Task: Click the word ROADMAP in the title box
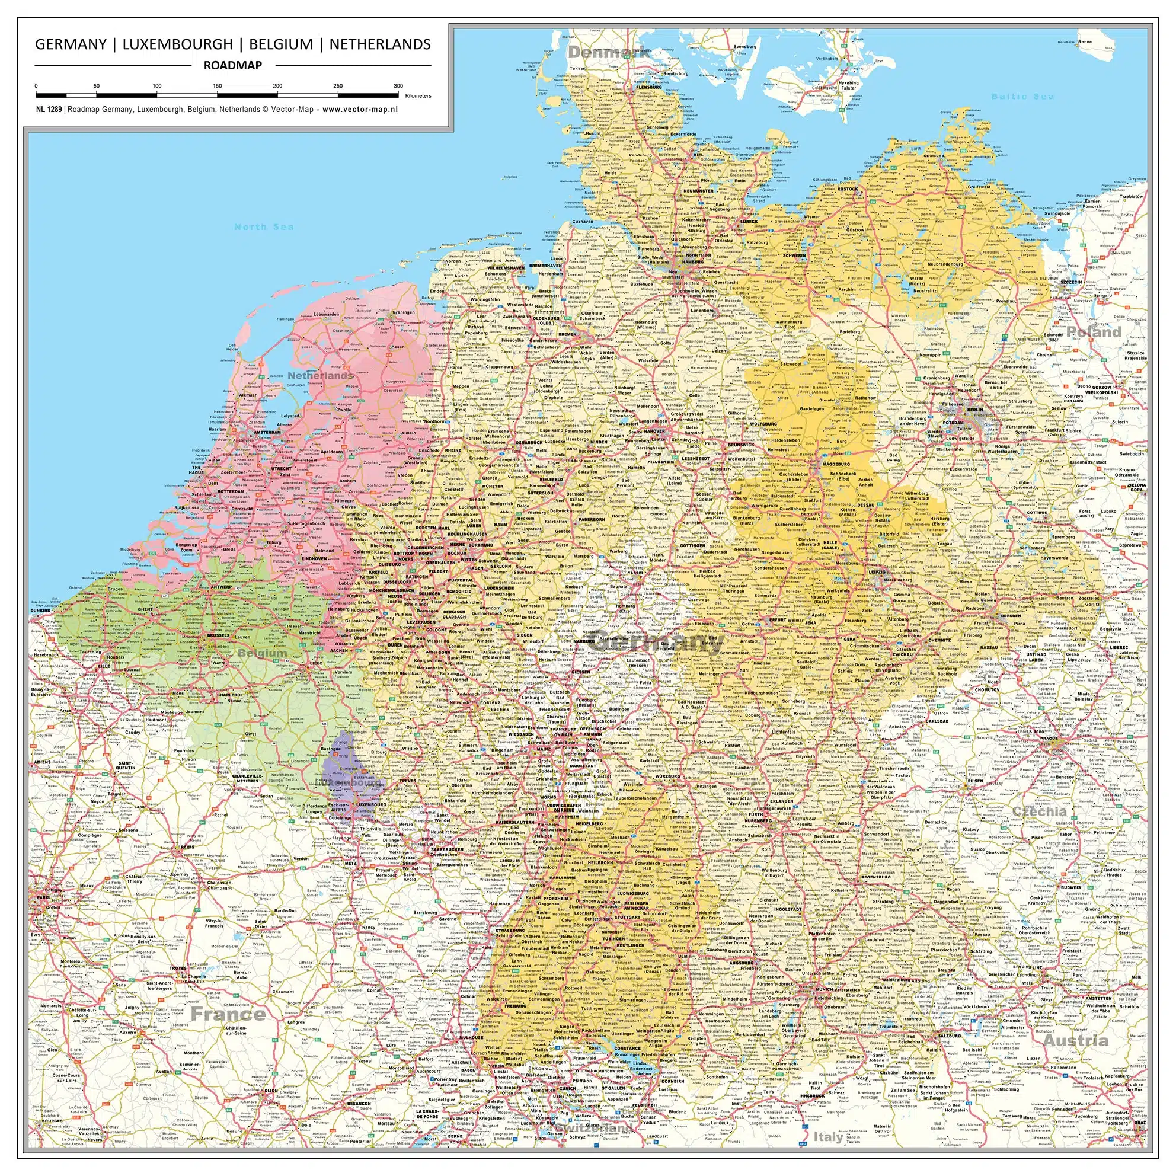[x=232, y=65]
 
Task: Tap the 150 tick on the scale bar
[x=218, y=87]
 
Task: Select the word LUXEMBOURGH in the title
[x=178, y=44]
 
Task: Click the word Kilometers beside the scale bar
[x=418, y=96]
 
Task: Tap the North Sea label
[x=264, y=227]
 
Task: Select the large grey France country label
[x=228, y=1014]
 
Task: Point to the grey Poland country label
[x=1093, y=333]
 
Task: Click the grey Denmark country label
[x=609, y=53]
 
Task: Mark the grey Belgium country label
[x=262, y=653]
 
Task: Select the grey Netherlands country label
[x=320, y=376]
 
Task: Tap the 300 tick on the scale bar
[x=398, y=87]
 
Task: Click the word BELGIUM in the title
[x=280, y=44]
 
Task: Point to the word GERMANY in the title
[x=71, y=44]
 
